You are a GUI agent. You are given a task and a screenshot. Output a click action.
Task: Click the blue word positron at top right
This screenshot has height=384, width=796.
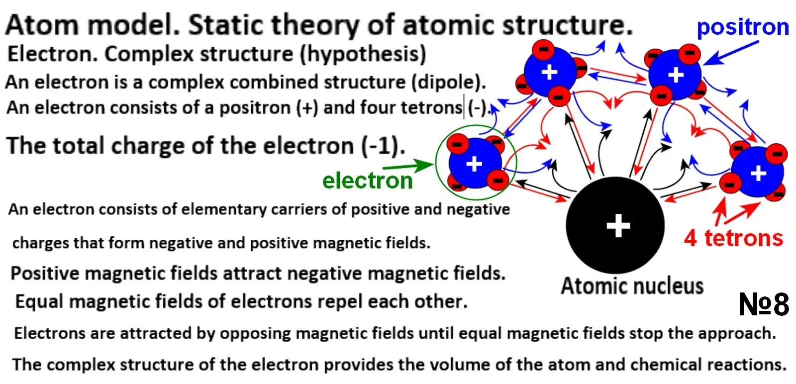(x=742, y=27)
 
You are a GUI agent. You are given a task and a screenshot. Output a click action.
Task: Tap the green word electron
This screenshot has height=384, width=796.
(x=367, y=180)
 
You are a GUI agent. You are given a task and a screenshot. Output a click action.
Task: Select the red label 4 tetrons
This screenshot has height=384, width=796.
(x=733, y=238)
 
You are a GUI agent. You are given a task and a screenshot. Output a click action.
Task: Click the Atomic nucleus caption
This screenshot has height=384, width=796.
(x=632, y=287)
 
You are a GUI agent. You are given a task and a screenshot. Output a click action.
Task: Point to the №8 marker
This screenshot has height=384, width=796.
(x=764, y=304)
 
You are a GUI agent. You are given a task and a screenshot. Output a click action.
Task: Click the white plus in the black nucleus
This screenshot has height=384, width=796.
(x=618, y=226)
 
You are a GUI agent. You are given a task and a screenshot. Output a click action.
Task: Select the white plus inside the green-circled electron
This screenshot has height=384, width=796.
(x=474, y=164)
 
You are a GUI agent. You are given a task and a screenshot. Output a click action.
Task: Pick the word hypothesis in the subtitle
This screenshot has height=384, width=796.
(x=363, y=54)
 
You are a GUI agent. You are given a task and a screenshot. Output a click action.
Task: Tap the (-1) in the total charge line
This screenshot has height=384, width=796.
(x=383, y=146)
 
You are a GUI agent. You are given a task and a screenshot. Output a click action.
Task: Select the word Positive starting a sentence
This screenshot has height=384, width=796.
(x=45, y=273)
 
